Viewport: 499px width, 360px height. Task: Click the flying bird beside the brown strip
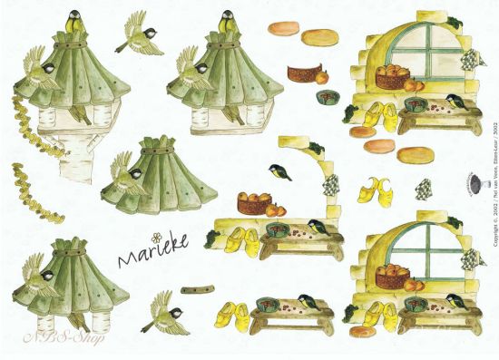[161, 311]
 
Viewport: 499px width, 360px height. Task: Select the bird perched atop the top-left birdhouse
[70, 19]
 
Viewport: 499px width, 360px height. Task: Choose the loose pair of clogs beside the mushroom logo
[372, 190]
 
